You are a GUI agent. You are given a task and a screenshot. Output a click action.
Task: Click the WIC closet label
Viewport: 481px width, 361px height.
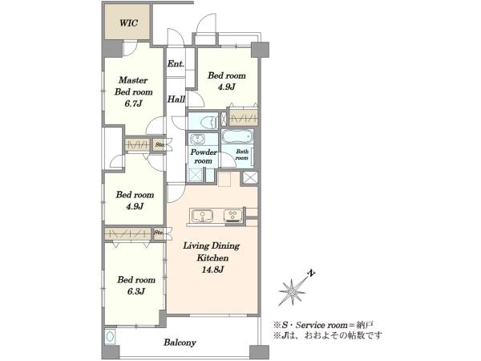click(128, 23)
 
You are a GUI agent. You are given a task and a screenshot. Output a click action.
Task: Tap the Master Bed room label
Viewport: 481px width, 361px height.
click(133, 86)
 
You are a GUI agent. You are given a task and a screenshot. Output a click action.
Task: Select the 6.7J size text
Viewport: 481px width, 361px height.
click(133, 103)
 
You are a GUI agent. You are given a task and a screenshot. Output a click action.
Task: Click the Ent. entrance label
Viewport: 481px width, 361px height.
click(176, 64)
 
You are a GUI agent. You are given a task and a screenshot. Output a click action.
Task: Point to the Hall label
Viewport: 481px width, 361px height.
click(176, 99)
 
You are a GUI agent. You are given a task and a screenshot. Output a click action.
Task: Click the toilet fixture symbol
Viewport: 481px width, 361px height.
click(208, 122)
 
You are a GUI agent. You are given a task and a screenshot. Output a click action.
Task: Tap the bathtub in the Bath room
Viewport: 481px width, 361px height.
click(237, 136)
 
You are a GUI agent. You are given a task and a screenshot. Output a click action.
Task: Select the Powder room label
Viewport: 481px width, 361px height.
click(204, 156)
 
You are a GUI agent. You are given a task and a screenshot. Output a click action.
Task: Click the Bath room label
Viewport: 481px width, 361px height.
click(242, 154)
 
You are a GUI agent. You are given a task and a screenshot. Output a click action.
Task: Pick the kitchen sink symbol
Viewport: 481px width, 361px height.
click(202, 216)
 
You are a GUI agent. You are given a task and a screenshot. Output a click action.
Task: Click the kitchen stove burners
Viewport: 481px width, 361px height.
click(232, 215)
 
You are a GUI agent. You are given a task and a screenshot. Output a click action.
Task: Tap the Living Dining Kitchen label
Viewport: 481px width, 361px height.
click(212, 252)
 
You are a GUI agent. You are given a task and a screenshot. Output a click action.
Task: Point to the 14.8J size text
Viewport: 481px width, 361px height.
click(212, 270)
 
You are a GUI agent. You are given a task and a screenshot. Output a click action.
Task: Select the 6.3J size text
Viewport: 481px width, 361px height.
click(136, 291)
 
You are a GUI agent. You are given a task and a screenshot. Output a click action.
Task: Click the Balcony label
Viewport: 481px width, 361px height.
click(180, 343)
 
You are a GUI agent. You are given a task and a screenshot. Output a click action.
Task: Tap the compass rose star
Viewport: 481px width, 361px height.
click(292, 291)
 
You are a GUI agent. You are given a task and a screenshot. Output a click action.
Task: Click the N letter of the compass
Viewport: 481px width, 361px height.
click(312, 274)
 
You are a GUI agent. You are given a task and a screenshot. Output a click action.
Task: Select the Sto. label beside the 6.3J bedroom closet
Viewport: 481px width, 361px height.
click(159, 233)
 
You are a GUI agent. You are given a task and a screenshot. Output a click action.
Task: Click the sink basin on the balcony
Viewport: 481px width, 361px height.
click(110, 337)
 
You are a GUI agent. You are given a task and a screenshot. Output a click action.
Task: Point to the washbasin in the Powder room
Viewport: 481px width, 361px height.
click(197, 140)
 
